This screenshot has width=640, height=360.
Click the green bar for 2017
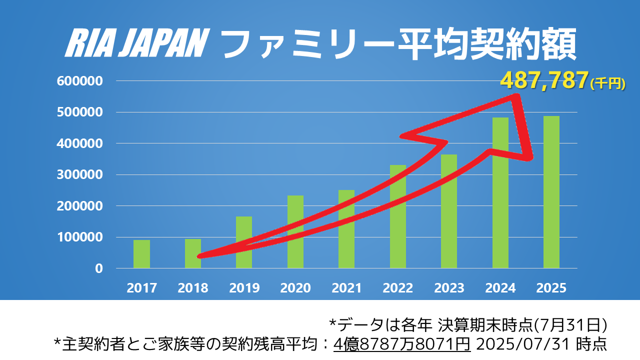(x=141, y=254)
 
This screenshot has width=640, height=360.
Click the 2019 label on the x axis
(x=244, y=288)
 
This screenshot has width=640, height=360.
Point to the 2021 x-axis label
(x=346, y=288)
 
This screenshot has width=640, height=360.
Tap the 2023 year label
(x=449, y=288)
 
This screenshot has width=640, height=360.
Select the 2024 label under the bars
(x=500, y=288)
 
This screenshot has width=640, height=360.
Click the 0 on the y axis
(x=99, y=268)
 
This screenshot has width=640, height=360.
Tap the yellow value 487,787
(x=544, y=81)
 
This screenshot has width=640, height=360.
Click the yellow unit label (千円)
(x=607, y=84)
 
